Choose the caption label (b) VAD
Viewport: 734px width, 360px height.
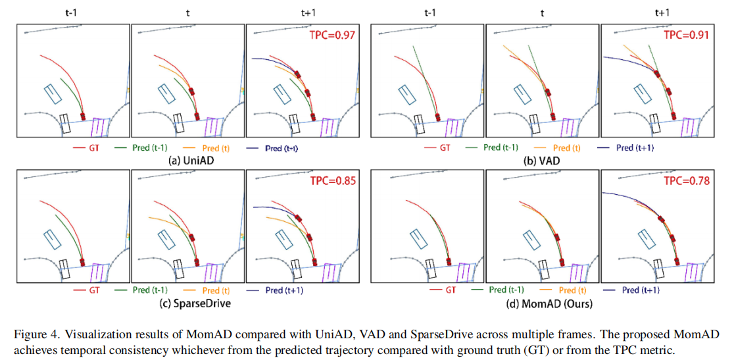point(545,160)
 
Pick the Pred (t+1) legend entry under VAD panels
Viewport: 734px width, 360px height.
point(635,148)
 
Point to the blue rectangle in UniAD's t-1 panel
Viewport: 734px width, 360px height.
point(52,94)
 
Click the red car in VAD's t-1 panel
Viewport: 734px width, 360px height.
point(437,117)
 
